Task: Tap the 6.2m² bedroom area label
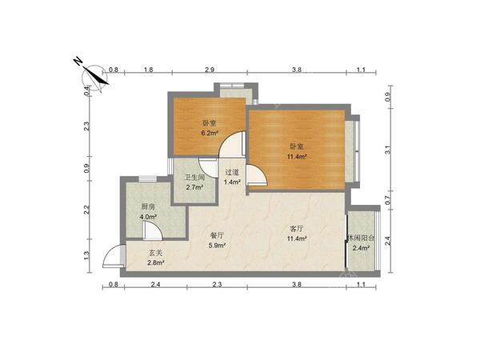tap(210, 133)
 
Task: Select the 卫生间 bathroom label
tap(194, 178)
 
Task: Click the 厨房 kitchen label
tap(148, 206)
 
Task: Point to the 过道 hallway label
tap(232, 172)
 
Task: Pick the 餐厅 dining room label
tap(218, 235)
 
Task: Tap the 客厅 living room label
tap(297, 228)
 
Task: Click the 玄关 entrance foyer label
tap(156, 253)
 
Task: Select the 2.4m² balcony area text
tap(362, 248)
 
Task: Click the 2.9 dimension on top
tap(210, 70)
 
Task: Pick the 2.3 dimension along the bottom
tap(217, 285)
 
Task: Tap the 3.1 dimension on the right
tap(388, 150)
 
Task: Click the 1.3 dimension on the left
tap(86, 254)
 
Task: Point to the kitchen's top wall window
tap(147, 179)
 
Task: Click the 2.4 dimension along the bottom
tap(155, 285)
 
